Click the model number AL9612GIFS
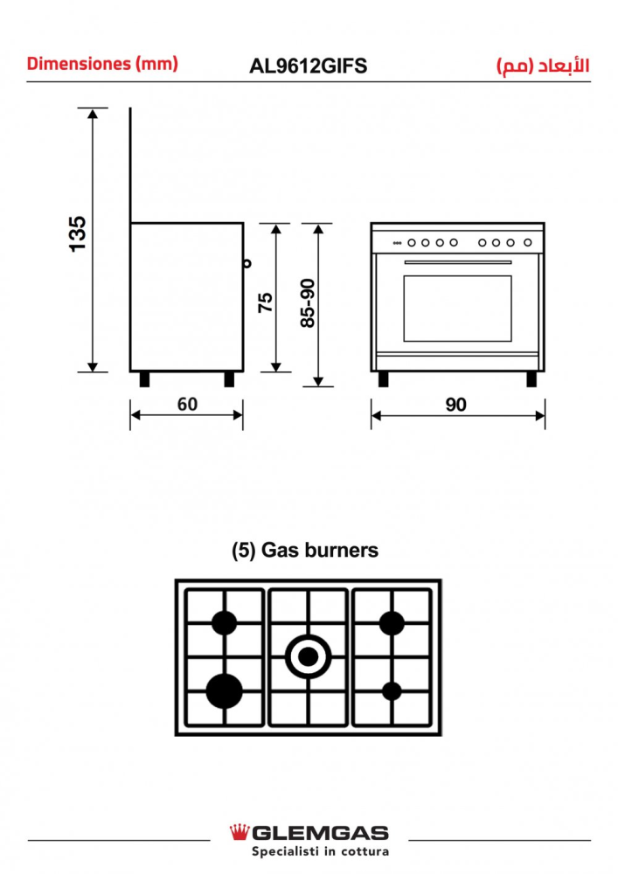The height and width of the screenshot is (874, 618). pos(308,66)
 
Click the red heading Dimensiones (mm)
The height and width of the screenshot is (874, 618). pos(102,64)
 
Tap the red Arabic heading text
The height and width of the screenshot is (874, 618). pos(542,66)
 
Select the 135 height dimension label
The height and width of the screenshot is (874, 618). pos(78,233)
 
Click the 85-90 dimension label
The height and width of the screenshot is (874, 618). pos(307,302)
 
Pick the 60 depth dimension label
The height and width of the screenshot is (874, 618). pos(187,404)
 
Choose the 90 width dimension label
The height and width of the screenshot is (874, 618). pos(456,404)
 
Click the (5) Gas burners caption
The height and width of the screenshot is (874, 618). pos(305,551)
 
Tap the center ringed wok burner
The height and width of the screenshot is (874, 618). pos(309,655)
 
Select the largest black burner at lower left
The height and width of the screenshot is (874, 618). pos(225,690)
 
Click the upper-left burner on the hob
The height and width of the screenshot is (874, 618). pos(226,622)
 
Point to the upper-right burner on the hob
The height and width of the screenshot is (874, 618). pos(392,623)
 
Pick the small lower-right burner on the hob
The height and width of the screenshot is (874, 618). pos(392,690)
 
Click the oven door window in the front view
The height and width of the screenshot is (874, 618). pos(457,309)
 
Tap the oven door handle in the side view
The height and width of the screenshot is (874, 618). pos(247,261)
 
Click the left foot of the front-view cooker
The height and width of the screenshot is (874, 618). pos(384,378)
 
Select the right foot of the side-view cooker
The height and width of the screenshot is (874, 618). pos(229,379)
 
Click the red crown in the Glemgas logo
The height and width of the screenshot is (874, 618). pos(239,831)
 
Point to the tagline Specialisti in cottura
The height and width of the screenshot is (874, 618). pos(320,851)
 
